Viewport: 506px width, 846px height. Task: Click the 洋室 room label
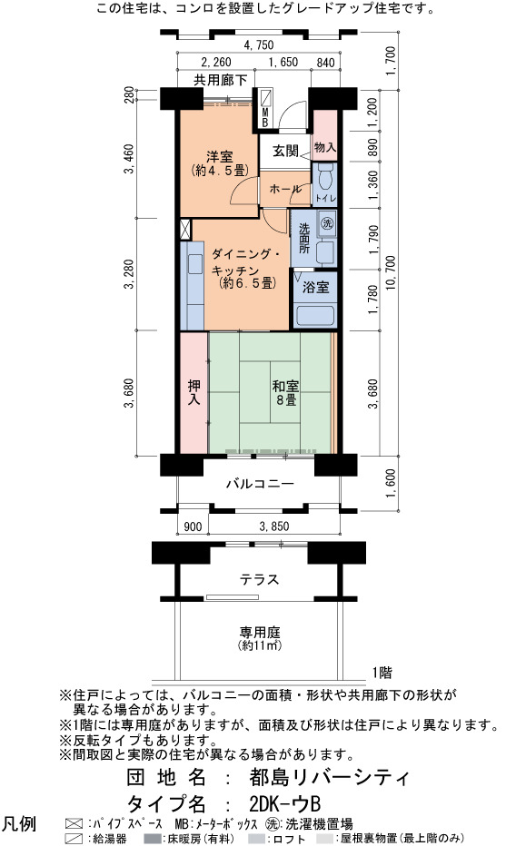[x=219, y=157]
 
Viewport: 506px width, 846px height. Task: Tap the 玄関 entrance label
[x=285, y=151]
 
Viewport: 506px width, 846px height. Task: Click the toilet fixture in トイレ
[x=325, y=177]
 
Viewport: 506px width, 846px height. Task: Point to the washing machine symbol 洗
[x=326, y=222]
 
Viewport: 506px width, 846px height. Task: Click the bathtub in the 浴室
[x=315, y=315]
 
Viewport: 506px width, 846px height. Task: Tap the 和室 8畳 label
[x=285, y=393]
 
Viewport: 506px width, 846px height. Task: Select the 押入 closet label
[x=193, y=392]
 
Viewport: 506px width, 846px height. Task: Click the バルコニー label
[x=260, y=483]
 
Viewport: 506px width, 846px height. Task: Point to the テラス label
[x=260, y=579]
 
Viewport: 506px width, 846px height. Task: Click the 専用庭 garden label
[x=260, y=631]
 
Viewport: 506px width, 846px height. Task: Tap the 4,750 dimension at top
[x=259, y=44]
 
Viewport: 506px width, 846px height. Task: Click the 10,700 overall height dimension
[x=392, y=279]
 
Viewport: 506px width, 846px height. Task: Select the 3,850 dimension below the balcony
[x=274, y=526]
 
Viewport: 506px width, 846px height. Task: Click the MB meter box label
[x=265, y=118]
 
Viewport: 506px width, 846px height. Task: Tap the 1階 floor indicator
[x=382, y=673]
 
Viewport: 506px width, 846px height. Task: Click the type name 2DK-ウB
[x=285, y=804]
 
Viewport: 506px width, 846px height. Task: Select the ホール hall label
[x=285, y=189]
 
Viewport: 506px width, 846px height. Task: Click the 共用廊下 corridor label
[x=221, y=81]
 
